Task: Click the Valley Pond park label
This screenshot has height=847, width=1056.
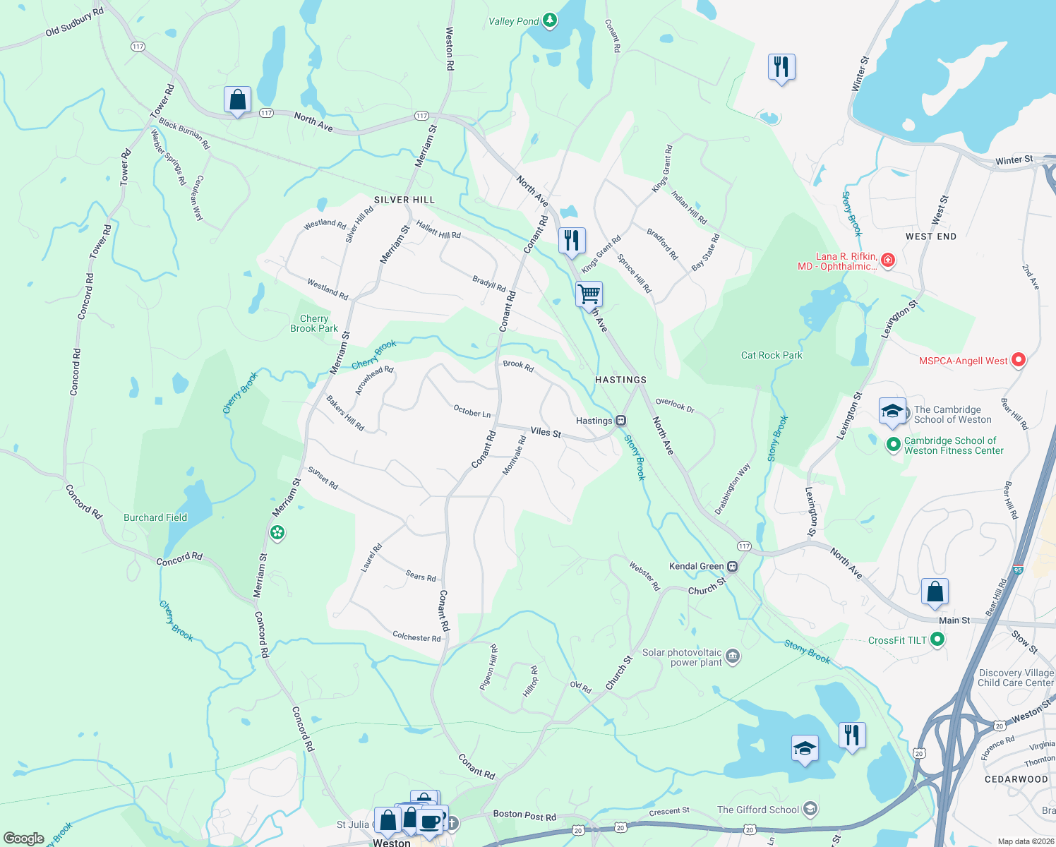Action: click(513, 21)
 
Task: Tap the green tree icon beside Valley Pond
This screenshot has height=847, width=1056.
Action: click(550, 20)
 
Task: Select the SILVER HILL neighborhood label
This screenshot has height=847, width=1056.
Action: click(404, 200)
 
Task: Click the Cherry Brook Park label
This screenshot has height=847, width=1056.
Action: click(314, 323)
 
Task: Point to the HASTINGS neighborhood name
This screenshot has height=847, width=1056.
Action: click(620, 380)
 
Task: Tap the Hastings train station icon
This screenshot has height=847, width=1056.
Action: click(621, 421)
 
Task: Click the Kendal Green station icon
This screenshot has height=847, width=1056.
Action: click(733, 566)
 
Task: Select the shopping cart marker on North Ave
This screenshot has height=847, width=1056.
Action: click(589, 293)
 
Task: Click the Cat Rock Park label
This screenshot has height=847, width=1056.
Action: click(772, 355)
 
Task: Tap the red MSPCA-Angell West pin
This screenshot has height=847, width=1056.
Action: click(1018, 360)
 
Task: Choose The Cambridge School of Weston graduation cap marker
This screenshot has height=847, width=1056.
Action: click(892, 412)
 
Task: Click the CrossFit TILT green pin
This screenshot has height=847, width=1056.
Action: click(937, 639)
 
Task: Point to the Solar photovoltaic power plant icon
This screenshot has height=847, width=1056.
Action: click(733, 656)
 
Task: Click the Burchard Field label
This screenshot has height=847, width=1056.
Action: click(155, 517)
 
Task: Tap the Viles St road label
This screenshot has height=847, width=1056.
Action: click(546, 432)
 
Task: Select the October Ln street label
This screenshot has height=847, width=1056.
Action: click(472, 411)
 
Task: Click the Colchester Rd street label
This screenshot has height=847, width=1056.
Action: click(416, 637)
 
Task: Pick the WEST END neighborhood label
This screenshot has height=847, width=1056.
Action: click(931, 236)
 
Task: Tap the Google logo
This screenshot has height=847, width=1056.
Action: click(23, 838)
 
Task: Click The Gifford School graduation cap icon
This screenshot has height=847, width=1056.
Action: click(810, 809)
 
